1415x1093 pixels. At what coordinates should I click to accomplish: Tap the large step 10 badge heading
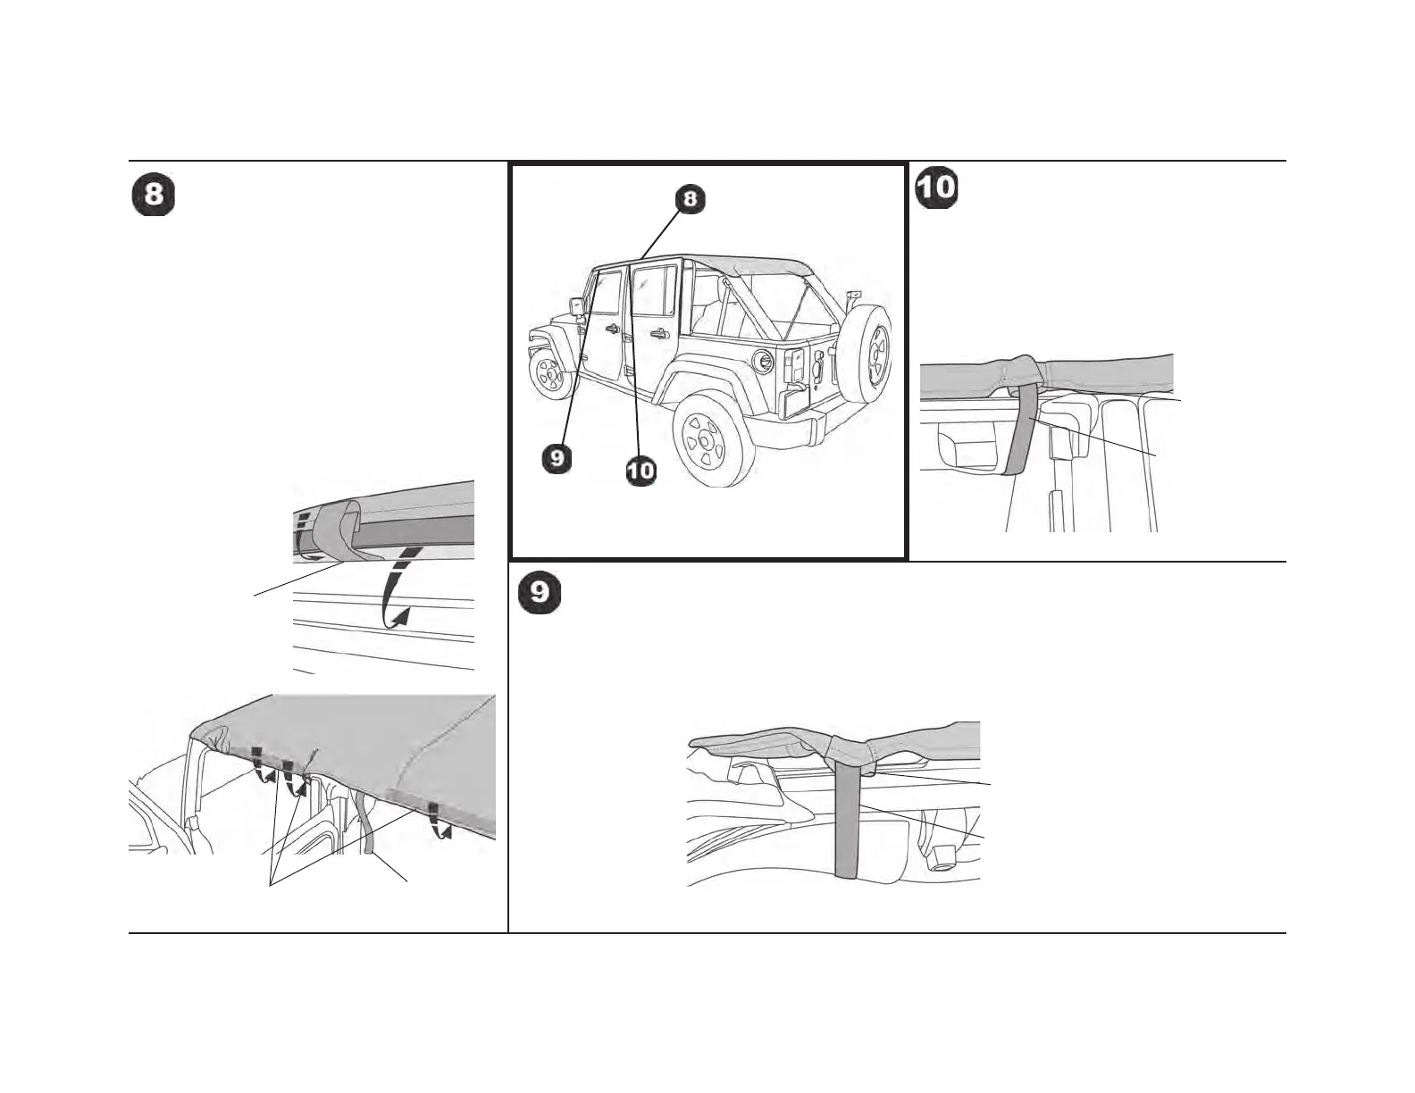pos(936,188)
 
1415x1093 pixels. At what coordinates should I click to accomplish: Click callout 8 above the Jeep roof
pos(690,199)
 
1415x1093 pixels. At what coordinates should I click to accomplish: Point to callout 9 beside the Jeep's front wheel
pos(557,458)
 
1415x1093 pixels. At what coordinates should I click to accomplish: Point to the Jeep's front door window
pos(607,290)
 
